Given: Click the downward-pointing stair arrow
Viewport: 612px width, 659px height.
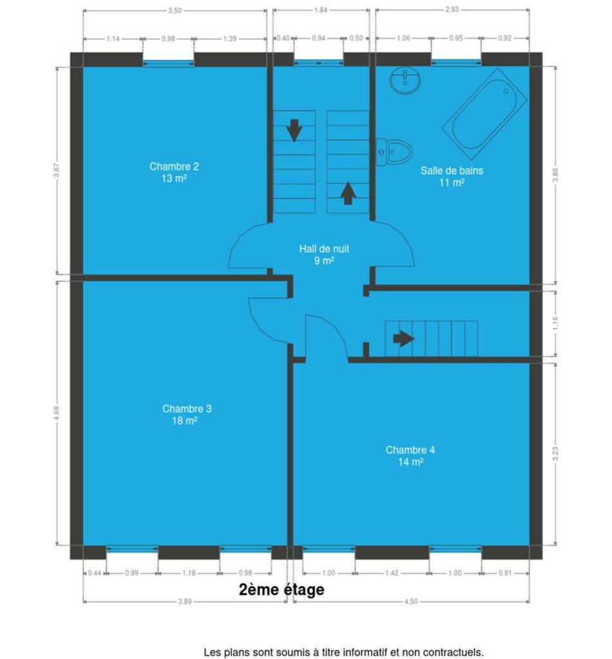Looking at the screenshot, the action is tap(294, 130).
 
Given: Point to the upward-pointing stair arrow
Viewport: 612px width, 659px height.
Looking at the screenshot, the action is tap(348, 193).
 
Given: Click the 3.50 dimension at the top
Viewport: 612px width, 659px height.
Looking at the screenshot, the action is tap(175, 10).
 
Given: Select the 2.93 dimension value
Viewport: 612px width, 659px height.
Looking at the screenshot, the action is tap(452, 9).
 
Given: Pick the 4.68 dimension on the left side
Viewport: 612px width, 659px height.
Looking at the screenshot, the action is tap(57, 413).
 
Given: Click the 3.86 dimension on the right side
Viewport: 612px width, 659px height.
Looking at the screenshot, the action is tap(555, 175).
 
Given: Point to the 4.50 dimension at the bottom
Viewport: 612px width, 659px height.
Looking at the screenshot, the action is tap(411, 602).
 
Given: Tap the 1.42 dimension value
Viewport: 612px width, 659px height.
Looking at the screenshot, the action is tap(392, 573).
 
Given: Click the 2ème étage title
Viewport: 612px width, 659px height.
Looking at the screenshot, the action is tap(282, 589).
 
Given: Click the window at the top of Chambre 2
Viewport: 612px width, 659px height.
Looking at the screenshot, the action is tap(168, 64).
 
